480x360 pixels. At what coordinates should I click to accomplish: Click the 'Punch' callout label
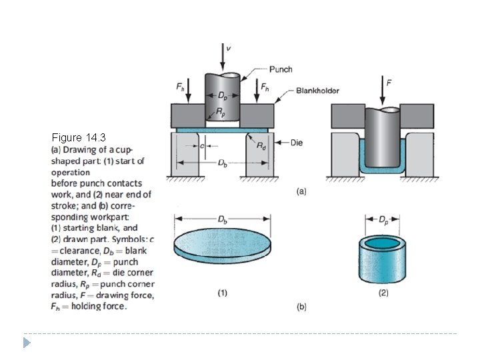281,69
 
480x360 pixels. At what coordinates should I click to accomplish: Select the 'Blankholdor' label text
318,90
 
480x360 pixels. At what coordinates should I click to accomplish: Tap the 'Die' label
297,142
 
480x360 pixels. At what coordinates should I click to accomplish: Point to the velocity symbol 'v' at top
229,48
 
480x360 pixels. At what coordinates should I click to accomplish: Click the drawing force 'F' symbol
389,83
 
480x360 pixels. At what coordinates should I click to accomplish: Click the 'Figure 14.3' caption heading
79,138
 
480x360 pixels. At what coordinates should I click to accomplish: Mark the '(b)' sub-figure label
301,307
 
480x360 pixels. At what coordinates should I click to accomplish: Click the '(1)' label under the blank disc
221,292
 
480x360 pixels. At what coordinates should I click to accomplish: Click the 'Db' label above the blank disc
221,219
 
